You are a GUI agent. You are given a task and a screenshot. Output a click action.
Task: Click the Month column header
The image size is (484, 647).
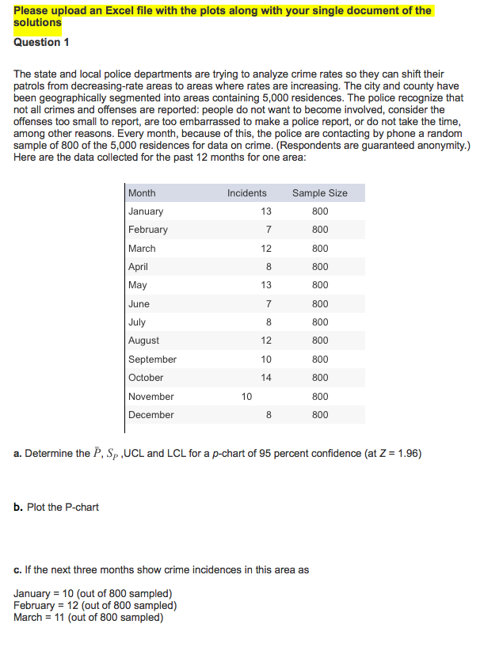(x=142, y=193)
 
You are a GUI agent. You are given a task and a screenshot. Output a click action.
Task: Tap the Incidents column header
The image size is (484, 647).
(x=246, y=193)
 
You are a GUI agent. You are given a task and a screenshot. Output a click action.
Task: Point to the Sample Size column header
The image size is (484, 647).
(x=319, y=193)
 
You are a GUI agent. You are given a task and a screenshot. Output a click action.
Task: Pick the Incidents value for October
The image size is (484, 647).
(x=265, y=378)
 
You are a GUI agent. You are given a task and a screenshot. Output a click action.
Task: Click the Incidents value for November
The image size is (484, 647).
(x=246, y=396)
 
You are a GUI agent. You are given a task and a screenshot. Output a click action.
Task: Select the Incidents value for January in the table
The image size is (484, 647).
(x=265, y=211)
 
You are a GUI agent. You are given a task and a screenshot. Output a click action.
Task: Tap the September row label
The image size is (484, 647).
(x=152, y=360)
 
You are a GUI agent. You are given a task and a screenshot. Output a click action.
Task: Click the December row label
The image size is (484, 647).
(x=151, y=415)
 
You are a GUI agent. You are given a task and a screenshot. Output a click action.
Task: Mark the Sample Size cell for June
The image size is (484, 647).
(x=319, y=304)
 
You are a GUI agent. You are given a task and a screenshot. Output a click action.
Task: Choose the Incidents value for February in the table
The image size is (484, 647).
(x=269, y=230)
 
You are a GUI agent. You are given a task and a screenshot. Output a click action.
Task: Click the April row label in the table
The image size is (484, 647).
(x=138, y=267)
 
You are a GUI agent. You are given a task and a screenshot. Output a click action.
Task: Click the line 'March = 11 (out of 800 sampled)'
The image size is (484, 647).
(x=89, y=617)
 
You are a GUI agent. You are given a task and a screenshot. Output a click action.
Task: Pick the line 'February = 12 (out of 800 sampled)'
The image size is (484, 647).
(x=95, y=606)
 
